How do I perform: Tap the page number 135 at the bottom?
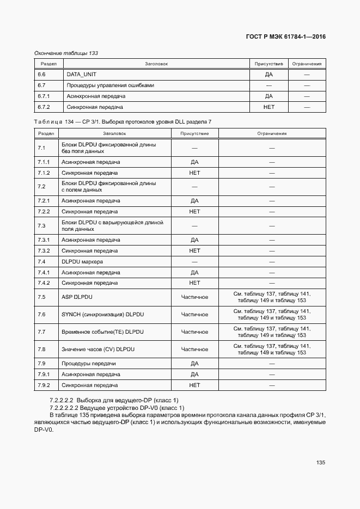[x=320, y=462]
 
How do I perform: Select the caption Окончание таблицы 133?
[x=66, y=53]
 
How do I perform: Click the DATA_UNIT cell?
[x=81, y=75]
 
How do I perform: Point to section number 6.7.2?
[x=44, y=107]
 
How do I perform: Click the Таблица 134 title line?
[x=123, y=121]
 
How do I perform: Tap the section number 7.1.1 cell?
[x=44, y=162]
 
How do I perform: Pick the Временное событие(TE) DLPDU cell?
[x=102, y=332]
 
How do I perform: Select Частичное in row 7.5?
[x=194, y=297]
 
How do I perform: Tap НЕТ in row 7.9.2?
[x=194, y=385]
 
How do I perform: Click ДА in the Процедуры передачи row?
[x=194, y=364]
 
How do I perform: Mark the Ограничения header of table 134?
[x=272, y=133]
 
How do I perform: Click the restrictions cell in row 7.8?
[x=272, y=349]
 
